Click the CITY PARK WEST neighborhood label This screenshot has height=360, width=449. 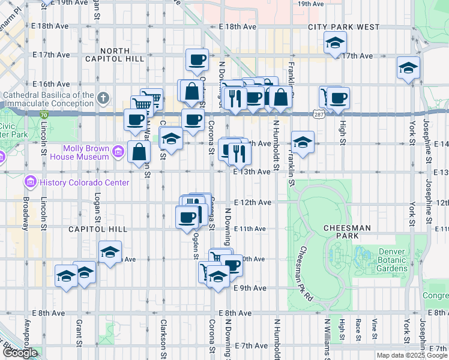point(344,27)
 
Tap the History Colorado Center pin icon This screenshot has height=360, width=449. point(31,181)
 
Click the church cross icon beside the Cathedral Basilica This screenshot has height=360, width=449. point(103,97)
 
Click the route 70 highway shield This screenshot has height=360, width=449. point(44,113)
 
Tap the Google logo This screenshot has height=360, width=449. point(20,353)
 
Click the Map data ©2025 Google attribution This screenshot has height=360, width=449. point(412,355)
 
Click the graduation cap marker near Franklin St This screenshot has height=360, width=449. point(303,142)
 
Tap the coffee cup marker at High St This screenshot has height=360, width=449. point(338,98)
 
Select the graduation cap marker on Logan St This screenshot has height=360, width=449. point(110,252)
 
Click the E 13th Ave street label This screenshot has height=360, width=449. point(252,172)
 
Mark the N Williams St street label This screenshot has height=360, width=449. point(327,339)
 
